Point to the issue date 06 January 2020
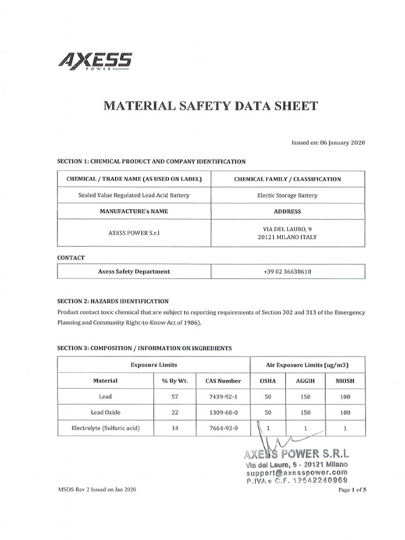coord(328,142)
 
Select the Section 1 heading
coord(151,161)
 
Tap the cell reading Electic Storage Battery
coord(287,195)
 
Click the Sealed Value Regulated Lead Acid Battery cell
coord(133,195)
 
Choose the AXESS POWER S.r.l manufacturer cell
coord(133,232)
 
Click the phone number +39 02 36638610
coord(287,272)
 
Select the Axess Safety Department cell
coord(133,272)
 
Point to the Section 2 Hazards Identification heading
coord(113,301)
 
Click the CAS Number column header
coord(223,380)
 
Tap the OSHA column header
coord(267,380)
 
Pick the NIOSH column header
coord(345,380)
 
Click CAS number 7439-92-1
coord(223,397)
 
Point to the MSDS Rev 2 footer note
coord(97,490)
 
